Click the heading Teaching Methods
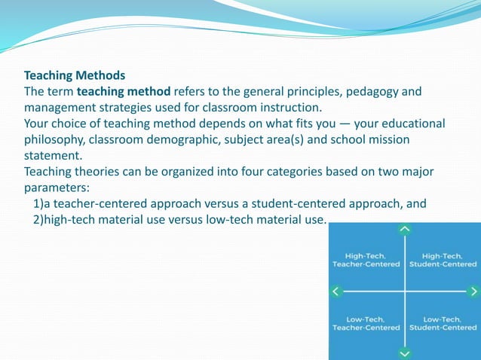pyautogui.click(x=75, y=75)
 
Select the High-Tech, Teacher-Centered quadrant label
pyautogui.click(x=366, y=260)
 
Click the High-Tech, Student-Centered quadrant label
pyautogui.click(x=443, y=260)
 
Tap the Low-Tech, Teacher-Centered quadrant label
pyautogui.click(x=366, y=323)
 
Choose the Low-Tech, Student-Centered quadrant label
pyautogui.click(x=443, y=323)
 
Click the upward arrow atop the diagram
pyautogui.click(x=405, y=228)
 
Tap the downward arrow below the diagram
pyautogui.click(x=405, y=352)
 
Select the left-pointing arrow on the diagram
pyautogui.click(x=336, y=291)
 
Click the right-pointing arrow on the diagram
pyautogui.click(x=473, y=291)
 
